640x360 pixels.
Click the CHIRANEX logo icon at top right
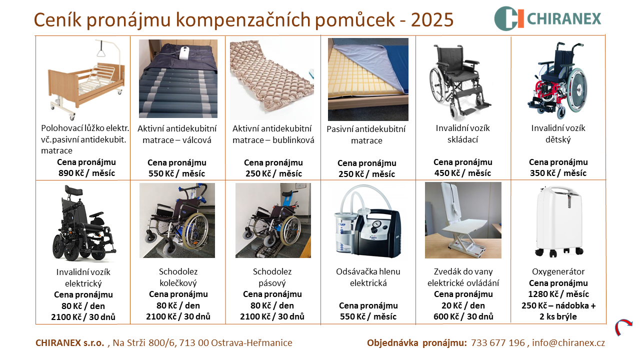tap(509, 18)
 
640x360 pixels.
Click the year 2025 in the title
tap(432, 19)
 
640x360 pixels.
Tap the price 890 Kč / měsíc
tap(86, 173)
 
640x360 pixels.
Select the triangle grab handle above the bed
tap(100, 53)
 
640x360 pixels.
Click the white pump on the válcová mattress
tap(183, 52)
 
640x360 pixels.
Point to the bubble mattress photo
tap(272, 79)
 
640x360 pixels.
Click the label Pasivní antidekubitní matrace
tap(366, 135)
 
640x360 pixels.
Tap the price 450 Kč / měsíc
tap(462, 173)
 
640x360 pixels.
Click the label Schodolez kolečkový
tap(178, 277)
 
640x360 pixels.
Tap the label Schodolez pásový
tap(272, 277)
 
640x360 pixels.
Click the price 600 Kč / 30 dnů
tap(463, 316)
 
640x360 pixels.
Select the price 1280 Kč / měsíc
tap(558, 294)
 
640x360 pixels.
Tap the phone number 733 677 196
tap(498, 342)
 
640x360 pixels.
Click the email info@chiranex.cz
tap(568, 342)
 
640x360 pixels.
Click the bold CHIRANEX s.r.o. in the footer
tap(69, 342)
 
